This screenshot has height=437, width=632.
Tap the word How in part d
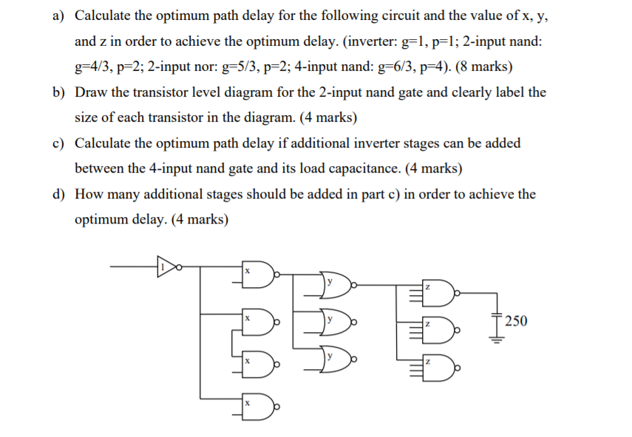click(90, 194)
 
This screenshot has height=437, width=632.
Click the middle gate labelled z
click(437, 326)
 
